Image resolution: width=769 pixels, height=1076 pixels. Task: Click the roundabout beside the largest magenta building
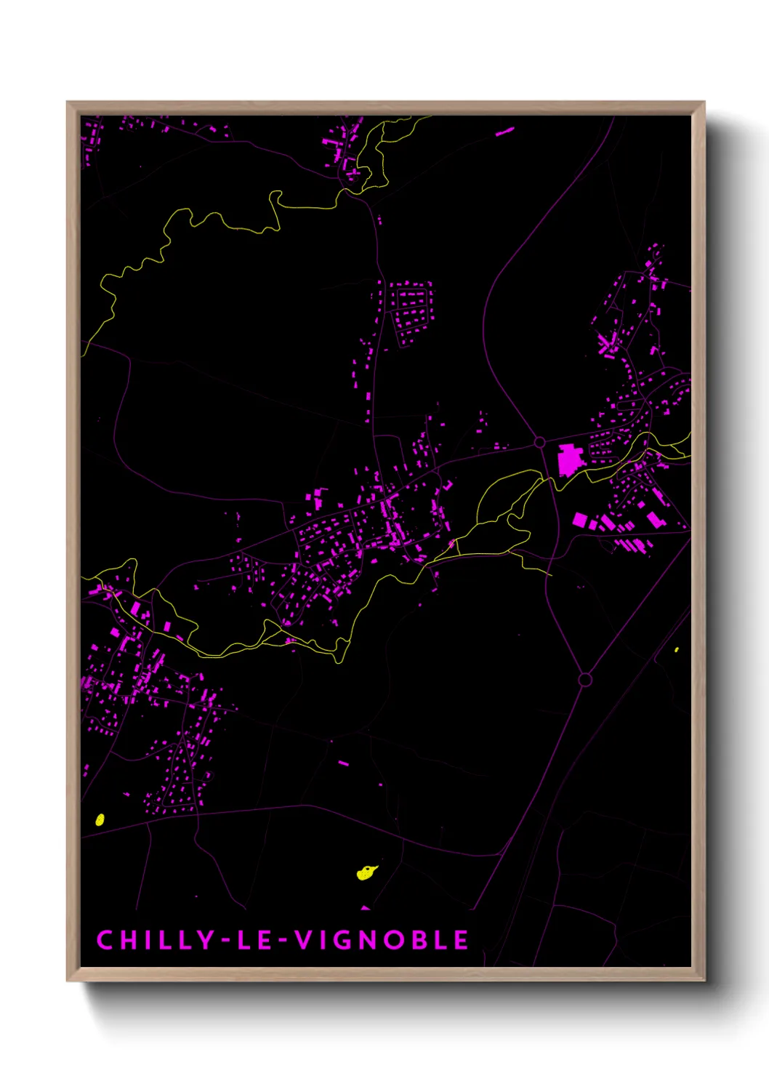[539, 442]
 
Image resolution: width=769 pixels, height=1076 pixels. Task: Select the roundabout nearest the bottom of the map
[584, 679]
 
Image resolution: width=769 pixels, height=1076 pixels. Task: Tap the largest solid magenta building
[570, 460]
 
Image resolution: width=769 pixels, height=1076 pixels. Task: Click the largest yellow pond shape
[366, 872]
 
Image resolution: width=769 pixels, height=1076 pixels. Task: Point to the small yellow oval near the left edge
[100, 819]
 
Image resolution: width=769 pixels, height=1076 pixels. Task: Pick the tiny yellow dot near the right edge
[677, 649]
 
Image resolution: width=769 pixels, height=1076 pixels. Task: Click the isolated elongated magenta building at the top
[504, 132]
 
